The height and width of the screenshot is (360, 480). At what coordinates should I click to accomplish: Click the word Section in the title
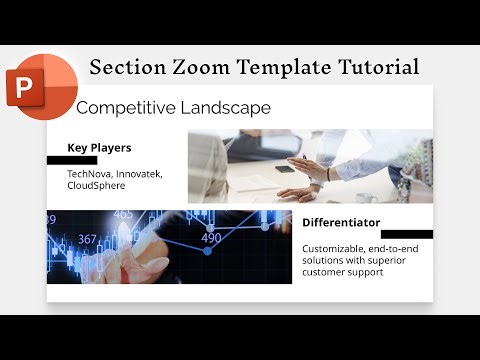(124, 67)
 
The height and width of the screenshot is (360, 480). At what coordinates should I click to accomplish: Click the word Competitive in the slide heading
(126, 107)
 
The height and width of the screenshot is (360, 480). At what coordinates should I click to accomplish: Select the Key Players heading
(99, 148)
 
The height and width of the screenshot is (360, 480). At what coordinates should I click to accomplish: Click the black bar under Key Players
(72, 160)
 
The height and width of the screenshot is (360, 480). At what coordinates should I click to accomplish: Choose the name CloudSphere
(96, 186)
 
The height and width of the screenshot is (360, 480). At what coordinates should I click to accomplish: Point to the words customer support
(343, 272)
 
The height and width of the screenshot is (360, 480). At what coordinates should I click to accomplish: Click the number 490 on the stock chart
(211, 238)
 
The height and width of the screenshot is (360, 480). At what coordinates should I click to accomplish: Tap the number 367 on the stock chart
(88, 239)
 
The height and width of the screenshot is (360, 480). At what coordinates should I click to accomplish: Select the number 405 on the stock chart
(123, 214)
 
